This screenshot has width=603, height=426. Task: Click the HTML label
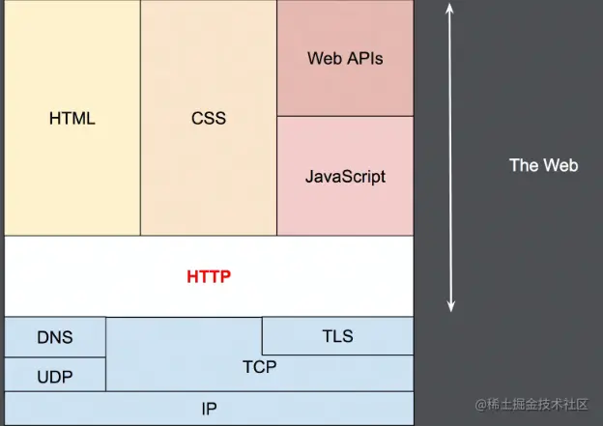pos(72,119)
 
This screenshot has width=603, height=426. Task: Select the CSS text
pos(208,119)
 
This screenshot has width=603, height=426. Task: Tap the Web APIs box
pos(345,58)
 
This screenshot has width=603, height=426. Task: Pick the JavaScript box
pos(345,176)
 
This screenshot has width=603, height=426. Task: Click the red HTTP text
pos(209,276)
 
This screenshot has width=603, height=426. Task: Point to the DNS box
pos(55,337)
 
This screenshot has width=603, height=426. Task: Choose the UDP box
pos(55,375)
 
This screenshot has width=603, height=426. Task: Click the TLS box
pos(337,336)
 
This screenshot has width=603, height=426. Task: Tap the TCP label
pos(259,367)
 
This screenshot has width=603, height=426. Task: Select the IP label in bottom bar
pos(209,409)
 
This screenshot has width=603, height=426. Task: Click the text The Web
pos(543,165)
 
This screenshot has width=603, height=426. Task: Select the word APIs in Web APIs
pos(363,58)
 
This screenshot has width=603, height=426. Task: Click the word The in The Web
pos(524,165)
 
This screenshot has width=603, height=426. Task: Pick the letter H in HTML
pos(54,119)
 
